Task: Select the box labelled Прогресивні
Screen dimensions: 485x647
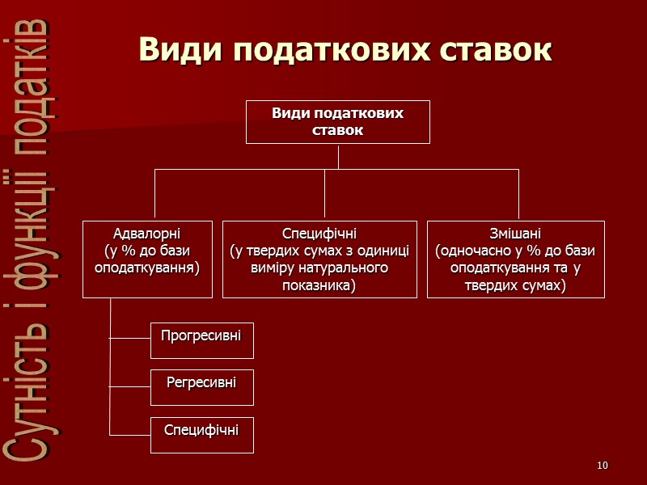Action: (201, 339)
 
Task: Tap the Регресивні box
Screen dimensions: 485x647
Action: (201, 387)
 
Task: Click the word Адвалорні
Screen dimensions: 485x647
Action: (146, 234)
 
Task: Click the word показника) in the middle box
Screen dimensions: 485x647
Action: (319, 285)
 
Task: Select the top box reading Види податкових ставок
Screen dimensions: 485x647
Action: (337, 122)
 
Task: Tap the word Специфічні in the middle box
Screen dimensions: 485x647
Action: (319, 234)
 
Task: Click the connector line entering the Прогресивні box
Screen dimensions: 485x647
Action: (129, 339)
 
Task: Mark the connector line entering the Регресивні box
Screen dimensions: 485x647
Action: (129, 387)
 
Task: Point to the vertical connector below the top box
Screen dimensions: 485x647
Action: (338, 157)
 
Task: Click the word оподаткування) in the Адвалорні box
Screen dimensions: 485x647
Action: (146, 268)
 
